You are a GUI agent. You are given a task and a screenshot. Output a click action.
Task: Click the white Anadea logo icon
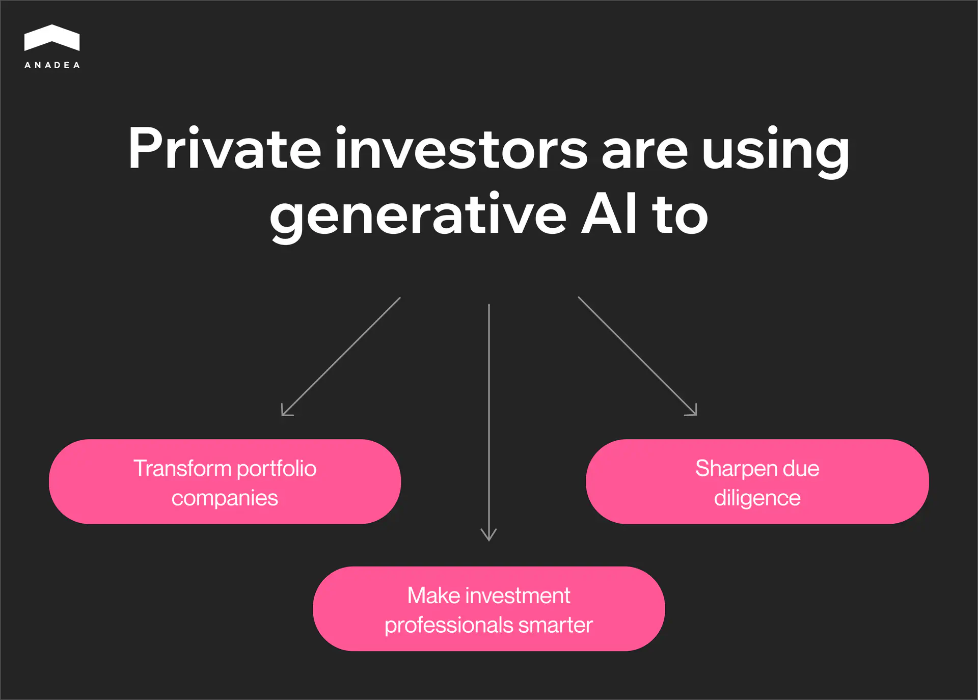[x=52, y=38]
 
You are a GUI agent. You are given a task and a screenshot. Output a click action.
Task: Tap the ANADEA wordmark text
[x=52, y=65]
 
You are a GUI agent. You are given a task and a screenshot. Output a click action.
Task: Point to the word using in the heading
[x=776, y=152]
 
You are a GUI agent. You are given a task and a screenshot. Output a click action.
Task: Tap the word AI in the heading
[x=609, y=214]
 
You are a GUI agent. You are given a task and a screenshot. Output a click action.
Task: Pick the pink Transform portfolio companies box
[x=225, y=481]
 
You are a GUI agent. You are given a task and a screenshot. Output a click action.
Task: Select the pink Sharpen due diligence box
[x=757, y=481]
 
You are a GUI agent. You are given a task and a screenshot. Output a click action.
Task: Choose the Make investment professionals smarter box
[x=488, y=608]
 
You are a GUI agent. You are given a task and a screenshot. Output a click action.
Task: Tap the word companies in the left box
[x=225, y=498]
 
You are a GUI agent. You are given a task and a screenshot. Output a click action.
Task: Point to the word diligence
[x=757, y=498]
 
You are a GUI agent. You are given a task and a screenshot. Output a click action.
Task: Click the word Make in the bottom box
[x=433, y=596]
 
